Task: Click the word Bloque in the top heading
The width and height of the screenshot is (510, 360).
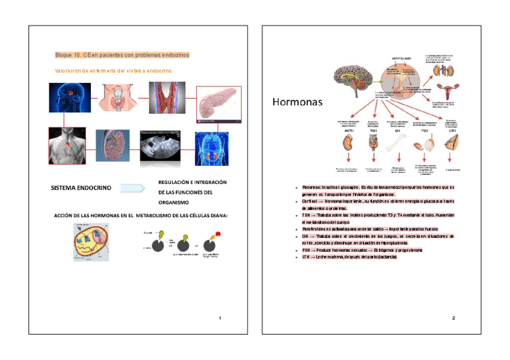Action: [63, 55]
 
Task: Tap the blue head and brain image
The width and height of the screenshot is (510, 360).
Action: [70, 97]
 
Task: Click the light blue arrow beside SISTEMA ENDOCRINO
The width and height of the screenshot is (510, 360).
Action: [132, 188]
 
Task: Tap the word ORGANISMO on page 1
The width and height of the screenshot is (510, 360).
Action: [173, 203]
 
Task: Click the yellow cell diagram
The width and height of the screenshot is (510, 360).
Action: [91, 242]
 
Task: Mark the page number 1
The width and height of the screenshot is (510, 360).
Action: [220, 317]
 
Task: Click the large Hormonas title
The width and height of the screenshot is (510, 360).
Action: [297, 102]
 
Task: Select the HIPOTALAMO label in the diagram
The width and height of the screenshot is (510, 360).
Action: [402, 58]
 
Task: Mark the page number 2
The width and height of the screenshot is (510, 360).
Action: [453, 317]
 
